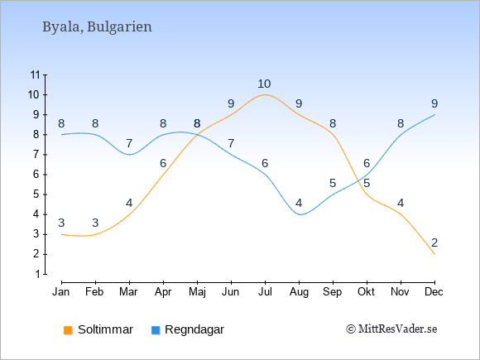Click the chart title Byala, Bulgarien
[97, 26]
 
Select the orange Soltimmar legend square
[68, 330]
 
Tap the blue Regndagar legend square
[156, 330]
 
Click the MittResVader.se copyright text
[391, 329]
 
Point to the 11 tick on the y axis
[36, 74]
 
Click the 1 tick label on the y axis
[37, 274]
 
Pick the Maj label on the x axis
[197, 292]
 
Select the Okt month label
[366, 292]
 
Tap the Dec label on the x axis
[434, 292]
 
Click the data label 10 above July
[264, 84]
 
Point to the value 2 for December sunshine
[434, 242]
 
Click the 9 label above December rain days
[434, 103]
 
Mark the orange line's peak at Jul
[265, 94]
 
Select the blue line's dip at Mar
[129, 154]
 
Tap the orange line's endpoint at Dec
[434, 254]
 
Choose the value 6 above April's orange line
[163, 164]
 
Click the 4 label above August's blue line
[299, 203]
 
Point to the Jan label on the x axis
[61, 292]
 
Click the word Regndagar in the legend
[194, 329]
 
